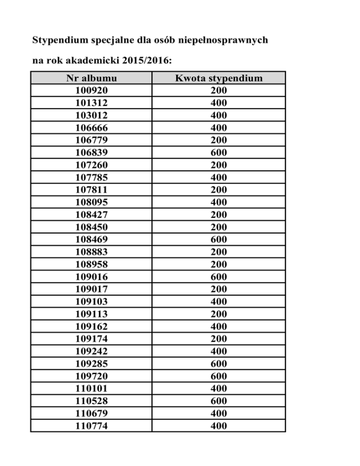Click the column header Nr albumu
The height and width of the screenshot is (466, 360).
pos(91,78)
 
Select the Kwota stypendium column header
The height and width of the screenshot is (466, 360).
pos(218,78)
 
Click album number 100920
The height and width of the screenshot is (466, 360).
pos(91,90)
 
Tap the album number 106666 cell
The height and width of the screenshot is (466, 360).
pos(91,128)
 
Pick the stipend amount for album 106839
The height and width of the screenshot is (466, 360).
pos(218,152)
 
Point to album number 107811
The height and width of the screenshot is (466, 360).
pos(91,189)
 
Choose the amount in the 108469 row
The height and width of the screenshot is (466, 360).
pos(218,239)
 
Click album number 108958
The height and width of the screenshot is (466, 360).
pos(91,264)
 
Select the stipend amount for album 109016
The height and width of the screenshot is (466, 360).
pos(218,277)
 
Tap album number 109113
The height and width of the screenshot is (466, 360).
pos(91,314)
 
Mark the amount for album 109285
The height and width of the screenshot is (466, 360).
pos(218,363)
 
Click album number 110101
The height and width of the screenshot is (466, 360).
pos(91,388)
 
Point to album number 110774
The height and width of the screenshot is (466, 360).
pos(91,426)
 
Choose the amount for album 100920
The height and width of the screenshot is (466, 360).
pos(218,90)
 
